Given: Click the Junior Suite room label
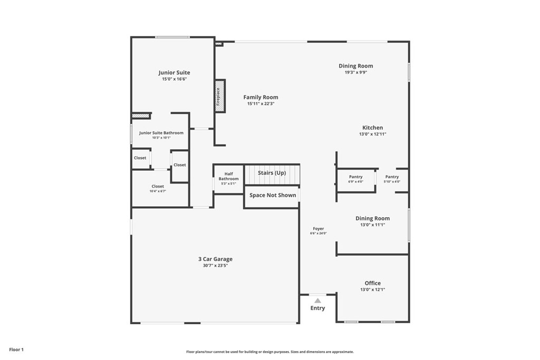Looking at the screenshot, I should click(x=174, y=73).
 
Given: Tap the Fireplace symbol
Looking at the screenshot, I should click(x=219, y=96).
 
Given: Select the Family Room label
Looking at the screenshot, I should click(x=261, y=97).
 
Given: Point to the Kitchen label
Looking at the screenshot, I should click(x=372, y=128).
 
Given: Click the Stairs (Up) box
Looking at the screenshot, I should click(x=272, y=173).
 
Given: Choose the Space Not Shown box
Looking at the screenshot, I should click(x=273, y=195).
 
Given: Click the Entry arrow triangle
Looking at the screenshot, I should click(x=317, y=300).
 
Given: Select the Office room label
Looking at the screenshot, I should click(x=372, y=283).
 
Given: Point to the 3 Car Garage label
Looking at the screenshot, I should click(x=215, y=259).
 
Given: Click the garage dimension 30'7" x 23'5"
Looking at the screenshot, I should click(x=215, y=266).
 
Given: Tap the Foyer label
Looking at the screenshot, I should click(x=318, y=229).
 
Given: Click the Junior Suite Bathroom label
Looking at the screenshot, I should click(x=161, y=133).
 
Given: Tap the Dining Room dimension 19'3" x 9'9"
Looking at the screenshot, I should click(x=355, y=72).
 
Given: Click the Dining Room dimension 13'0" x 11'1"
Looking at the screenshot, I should click(x=372, y=225).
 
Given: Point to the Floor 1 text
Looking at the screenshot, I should click(x=16, y=349).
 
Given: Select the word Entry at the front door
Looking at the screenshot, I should click(x=317, y=308).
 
